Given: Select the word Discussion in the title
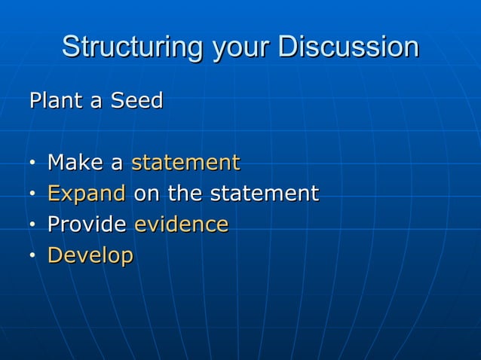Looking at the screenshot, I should [x=348, y=47].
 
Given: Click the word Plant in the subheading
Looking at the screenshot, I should [x=57, y=100].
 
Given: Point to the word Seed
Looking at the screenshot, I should [x=136, y=100].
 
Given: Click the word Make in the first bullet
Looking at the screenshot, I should [x=74, y=162].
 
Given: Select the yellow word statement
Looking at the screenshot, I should [x=185, y=162].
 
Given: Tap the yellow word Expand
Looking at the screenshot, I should [x=86, y=194].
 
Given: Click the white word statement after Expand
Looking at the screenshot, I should [x=264, y=194].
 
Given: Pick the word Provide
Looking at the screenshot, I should [x=87, y=224].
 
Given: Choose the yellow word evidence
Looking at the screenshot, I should [x=181, y=224].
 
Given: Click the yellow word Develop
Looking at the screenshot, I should [x=90, y=255].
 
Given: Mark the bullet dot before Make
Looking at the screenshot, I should [x=33, y=163].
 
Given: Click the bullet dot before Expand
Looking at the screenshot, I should [x=33, y=194].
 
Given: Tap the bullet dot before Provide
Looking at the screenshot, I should [x=33, y=225].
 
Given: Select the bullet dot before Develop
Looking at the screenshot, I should [x=33, y=256].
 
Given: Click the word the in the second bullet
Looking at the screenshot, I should [x=185, y=194].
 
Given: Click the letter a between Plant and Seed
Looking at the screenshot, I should [x=98, y=101].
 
